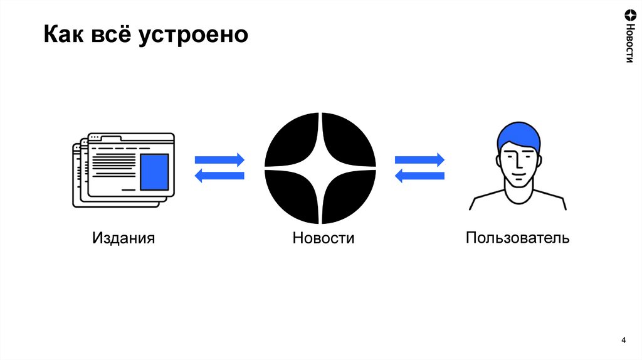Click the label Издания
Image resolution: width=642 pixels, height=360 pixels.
124,238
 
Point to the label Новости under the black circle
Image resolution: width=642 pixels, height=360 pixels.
323,238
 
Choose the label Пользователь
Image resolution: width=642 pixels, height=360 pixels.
517,238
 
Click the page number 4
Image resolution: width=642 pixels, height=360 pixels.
623,340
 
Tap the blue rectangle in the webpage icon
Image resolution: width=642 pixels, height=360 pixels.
154,172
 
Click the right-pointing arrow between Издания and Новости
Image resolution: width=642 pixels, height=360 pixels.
219,159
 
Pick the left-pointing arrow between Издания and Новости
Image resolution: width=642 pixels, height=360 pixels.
219,176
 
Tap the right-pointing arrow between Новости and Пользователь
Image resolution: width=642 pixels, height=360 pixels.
419,159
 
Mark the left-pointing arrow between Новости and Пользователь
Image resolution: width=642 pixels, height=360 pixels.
419,176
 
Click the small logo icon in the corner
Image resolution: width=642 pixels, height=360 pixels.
629,15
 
